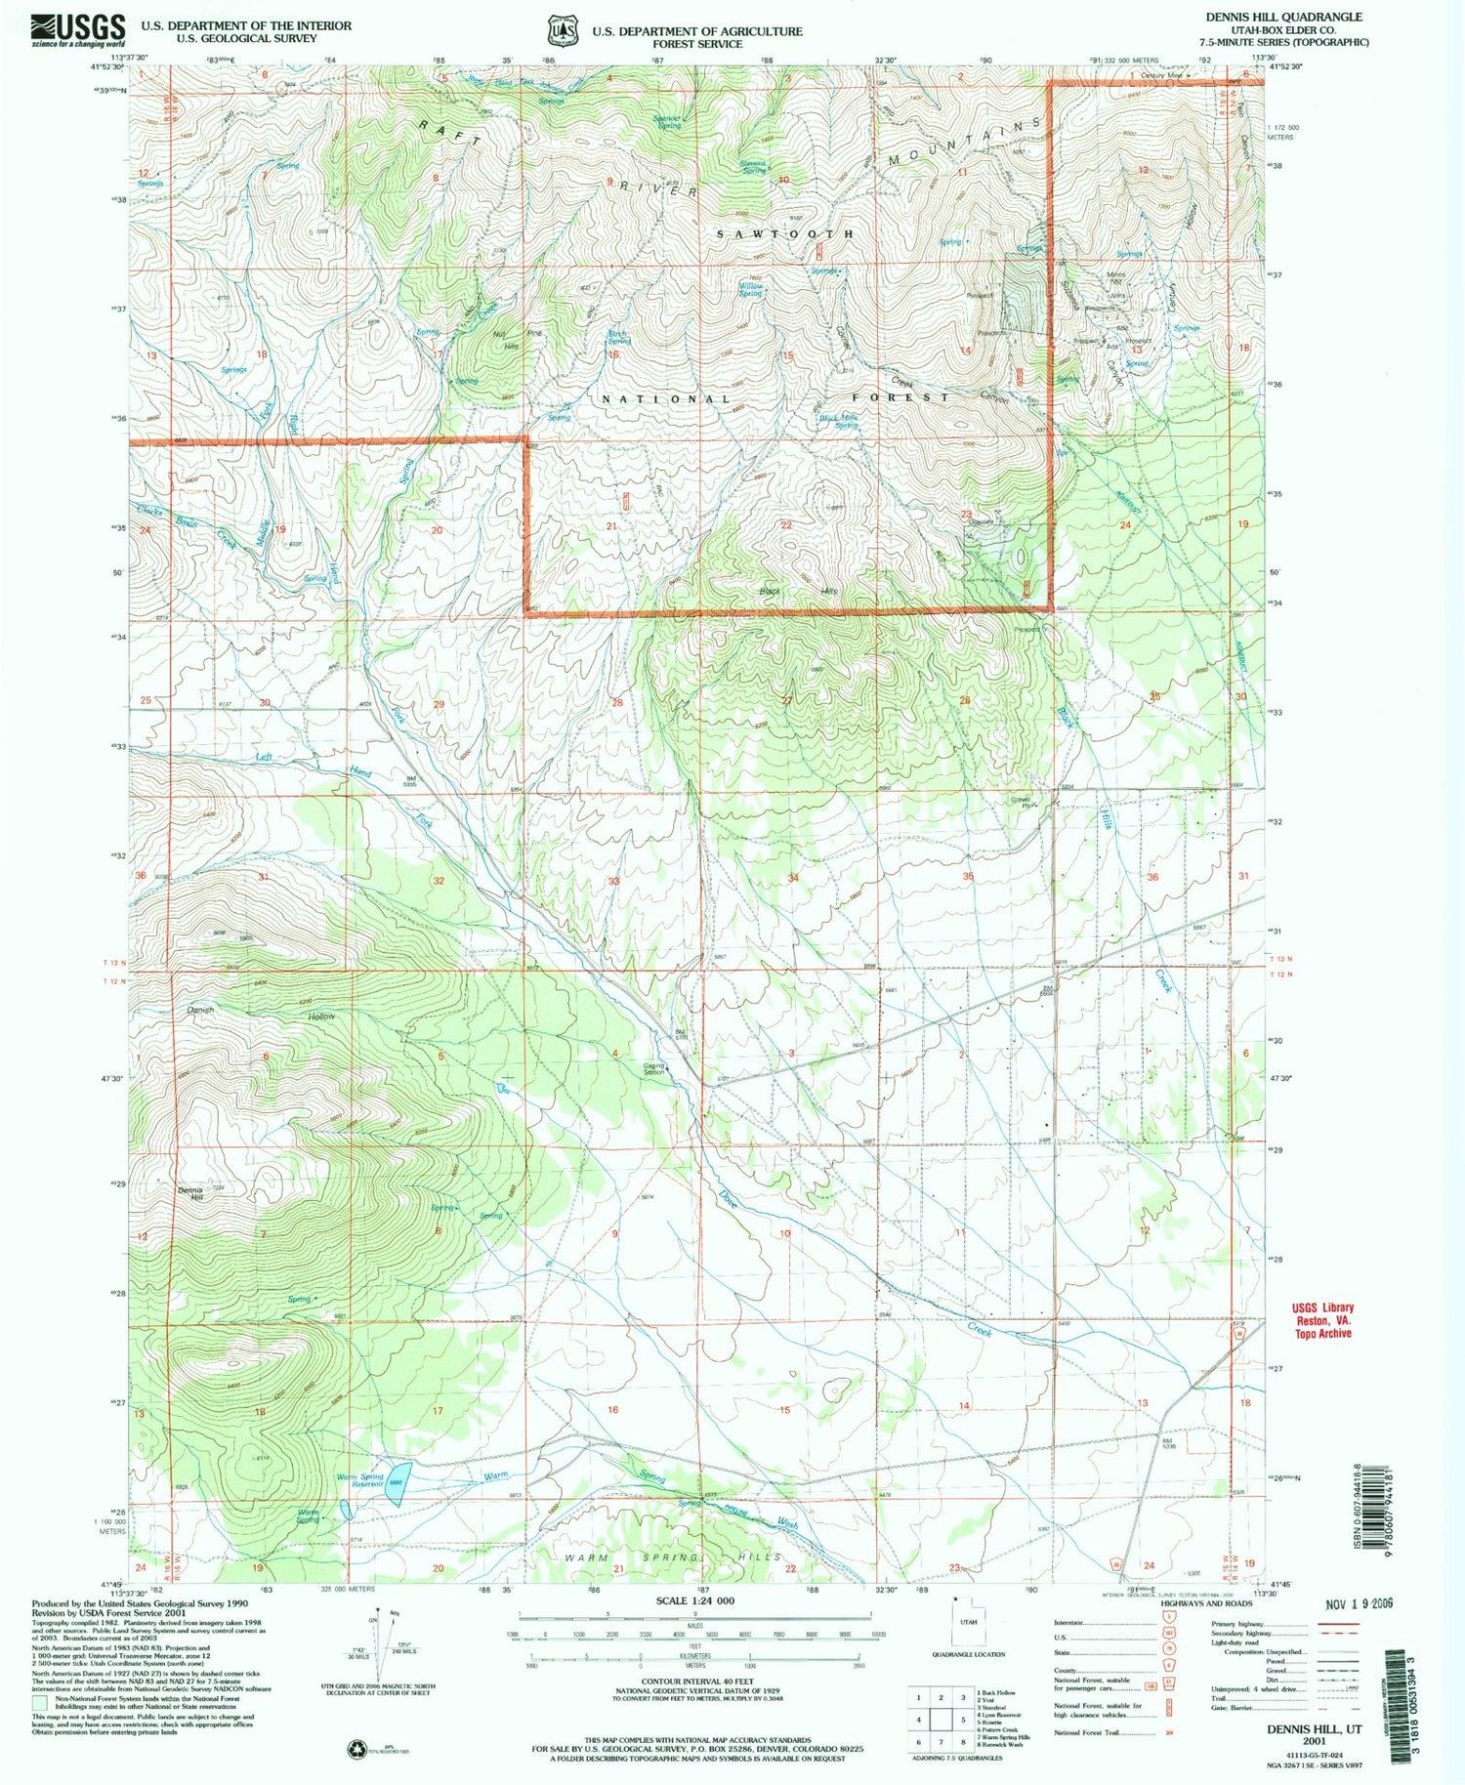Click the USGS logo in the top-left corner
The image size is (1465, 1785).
78,30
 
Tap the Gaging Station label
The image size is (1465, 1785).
653,1069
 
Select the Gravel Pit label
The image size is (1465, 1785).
1021,804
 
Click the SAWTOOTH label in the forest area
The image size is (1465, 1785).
785,234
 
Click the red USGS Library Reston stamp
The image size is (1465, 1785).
1323,1320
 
